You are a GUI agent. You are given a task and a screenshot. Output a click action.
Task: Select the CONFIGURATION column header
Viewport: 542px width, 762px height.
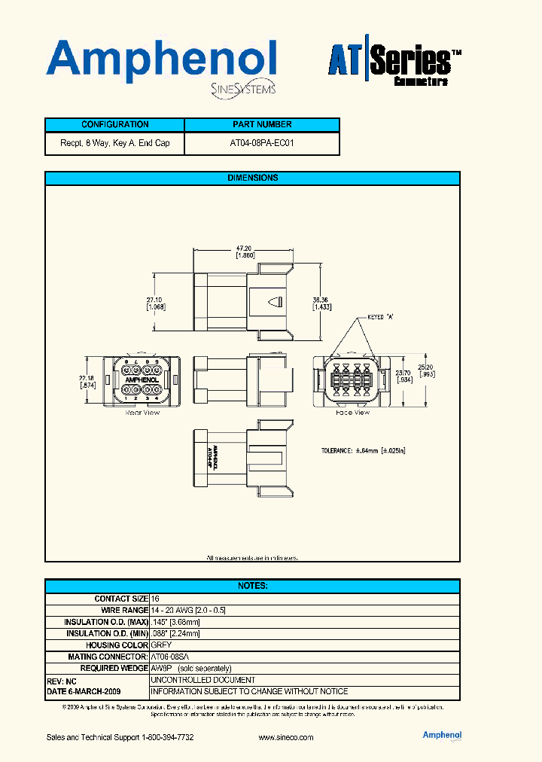(114, 125)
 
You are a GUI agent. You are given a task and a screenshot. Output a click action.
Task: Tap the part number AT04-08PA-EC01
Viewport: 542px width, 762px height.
(261, 142)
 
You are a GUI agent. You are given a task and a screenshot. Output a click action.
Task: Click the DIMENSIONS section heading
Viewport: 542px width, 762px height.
(252, 178)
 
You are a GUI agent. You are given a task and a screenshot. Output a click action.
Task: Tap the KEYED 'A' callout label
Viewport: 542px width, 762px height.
(381, 318)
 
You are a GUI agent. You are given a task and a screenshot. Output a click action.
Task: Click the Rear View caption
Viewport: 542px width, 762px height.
(142, 413)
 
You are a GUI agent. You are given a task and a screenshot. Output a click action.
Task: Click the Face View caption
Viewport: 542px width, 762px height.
(352, 413)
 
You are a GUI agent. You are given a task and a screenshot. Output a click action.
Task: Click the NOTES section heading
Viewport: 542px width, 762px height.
(252, 586)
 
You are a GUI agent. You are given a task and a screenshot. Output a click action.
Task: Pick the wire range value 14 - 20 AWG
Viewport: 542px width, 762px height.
(189, 610)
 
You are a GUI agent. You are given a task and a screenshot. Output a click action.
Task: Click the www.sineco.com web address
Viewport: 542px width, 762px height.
(285, 738)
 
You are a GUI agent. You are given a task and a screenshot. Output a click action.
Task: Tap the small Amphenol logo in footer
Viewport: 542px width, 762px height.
(442, 736)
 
